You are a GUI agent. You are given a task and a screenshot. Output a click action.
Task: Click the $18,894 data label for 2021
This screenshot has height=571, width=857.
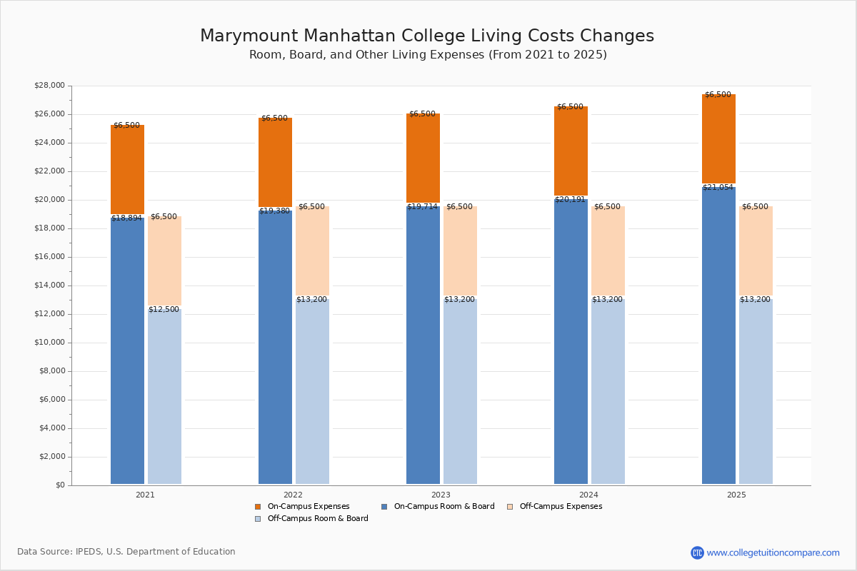(x=126, y=218)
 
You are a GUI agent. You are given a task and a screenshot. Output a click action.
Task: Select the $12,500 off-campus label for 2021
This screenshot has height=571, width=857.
(x=164, y=309)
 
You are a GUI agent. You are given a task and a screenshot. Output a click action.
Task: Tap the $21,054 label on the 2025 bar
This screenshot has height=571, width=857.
(x=718, y=187)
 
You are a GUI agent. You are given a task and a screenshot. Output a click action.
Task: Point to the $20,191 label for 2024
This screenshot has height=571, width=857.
(x=570, y=199)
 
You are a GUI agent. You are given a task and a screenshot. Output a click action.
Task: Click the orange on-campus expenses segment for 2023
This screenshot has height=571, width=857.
(x=423, y=158)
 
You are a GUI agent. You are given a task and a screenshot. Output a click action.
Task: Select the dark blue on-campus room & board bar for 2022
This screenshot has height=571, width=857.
(x=275, y=347)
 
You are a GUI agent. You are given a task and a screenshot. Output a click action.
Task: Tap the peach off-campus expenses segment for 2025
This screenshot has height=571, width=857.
(x=756, y=251)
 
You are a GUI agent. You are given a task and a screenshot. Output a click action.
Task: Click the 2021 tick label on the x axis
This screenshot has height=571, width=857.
(x=145, y=495)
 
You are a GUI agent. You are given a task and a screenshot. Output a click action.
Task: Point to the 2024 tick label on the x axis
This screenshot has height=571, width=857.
(x=588, y=495)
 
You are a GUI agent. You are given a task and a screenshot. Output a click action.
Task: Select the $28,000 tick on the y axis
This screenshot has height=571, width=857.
(x=49, y=86)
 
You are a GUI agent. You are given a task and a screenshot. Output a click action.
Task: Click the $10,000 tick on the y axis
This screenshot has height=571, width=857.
(x=49, y=343)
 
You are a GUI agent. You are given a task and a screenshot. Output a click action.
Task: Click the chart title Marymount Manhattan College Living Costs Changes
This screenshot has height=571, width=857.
(x=427, y=36)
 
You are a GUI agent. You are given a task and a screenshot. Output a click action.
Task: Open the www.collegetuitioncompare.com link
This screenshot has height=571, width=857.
(x=773, y=552)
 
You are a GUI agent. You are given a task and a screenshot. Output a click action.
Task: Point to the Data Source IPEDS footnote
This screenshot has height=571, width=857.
(x=126, y=552)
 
